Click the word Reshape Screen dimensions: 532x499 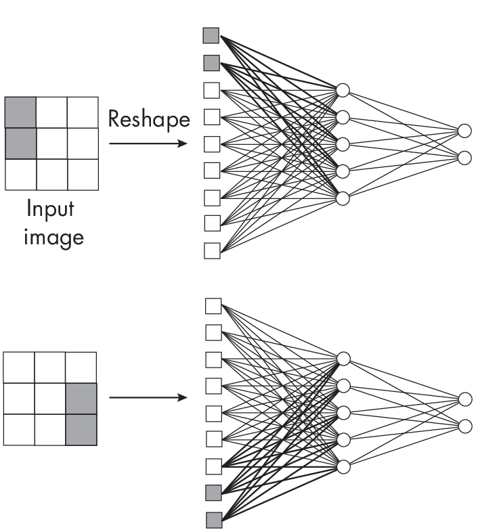(x=149, y=119)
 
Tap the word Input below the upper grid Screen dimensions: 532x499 (x=51, y=208)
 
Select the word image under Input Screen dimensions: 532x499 (x=54, y=237)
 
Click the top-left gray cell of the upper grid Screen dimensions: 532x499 (x=20, y=112)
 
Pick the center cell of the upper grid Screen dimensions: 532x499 (x=52, y=143)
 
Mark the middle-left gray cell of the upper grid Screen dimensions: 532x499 (x=20, y=143)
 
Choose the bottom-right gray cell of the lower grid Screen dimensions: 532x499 (x=81, y=430)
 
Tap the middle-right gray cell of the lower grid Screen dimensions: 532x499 (x=81, y=399)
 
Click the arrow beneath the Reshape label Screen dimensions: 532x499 (x=148, y=143)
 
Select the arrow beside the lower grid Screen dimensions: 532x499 (x=148, y=397)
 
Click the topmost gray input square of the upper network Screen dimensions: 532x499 (x=211, y=35)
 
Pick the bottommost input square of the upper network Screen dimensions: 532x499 (x=212, y=250)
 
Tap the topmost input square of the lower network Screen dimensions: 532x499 (x=213, y=306)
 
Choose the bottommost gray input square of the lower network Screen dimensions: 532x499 (x=213, y=520)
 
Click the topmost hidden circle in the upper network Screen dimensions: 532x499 (x=343, y=90)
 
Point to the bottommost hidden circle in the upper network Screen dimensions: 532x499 (x=343, y=198)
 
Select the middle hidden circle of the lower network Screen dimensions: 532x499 (x=343, y=412)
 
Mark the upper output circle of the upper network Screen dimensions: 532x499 (x=464, y=130)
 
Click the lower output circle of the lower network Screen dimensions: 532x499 (x=464, y=426)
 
